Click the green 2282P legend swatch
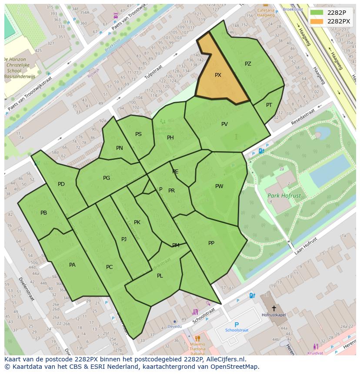(x=317, y=13)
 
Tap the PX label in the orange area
(x=218, y=75)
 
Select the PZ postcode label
(x=248, y=64)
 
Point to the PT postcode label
(x=269, y=105)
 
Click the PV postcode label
(x=224, y=124)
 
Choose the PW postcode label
(x=219, y=186)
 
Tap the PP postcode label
(x=211, y=243)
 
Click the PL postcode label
(x=160, y=276)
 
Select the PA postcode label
(x=72, y=265)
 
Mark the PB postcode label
(x=43, y=213)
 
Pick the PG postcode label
(x=107, y=178)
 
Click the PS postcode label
(x=138, y=134)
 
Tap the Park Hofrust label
(x=284, y=196)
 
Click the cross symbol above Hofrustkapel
(x=273, y=308)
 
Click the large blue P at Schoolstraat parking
(x=237, y=324)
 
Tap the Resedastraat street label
(x=303, y=117)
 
